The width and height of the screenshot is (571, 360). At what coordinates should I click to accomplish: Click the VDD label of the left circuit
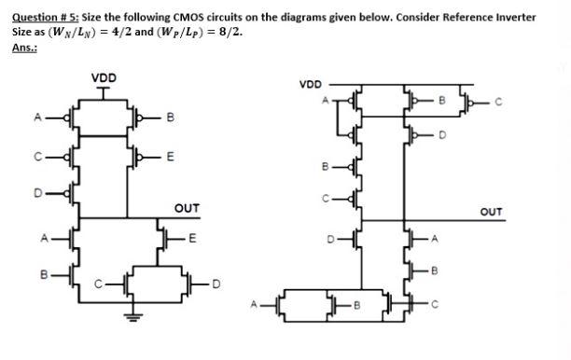click(104, 76)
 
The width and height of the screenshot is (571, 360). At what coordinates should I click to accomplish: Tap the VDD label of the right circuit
click(311, 84)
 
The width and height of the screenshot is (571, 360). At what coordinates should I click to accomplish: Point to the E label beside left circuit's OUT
click(192, 238)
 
